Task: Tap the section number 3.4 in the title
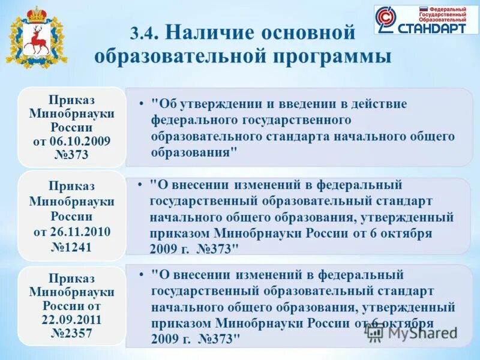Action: [x=143, y=34]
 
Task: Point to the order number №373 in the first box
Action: [x=71, y=154]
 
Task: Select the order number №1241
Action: [x=71, y=245]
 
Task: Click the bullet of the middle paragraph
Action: [x=138, y=185]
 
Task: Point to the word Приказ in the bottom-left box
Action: [x=71, y=279]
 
